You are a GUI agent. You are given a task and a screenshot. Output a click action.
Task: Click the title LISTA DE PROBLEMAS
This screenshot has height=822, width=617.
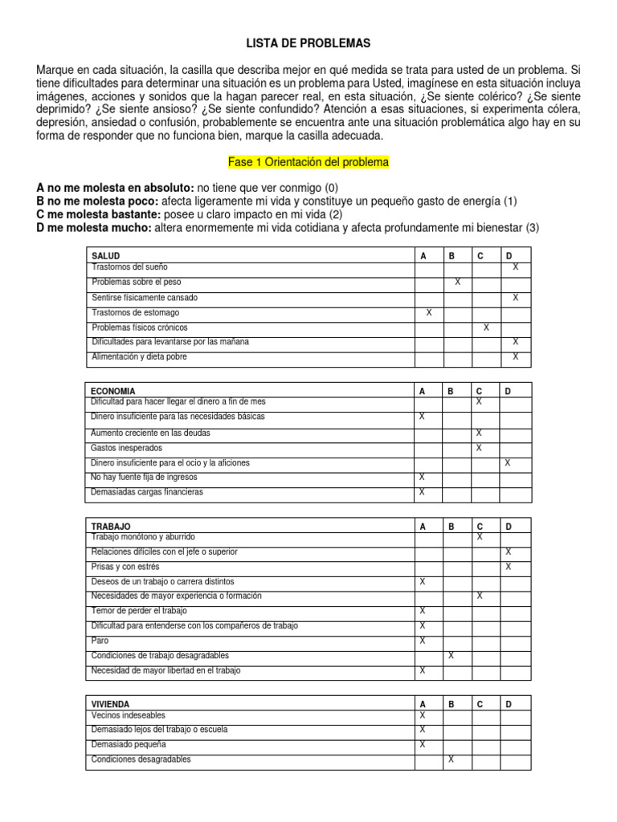coord(308,43)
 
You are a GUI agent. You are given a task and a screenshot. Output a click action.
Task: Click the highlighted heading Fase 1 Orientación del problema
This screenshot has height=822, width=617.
coord(308,162)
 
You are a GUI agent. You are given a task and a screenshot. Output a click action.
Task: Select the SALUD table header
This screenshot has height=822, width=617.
coord(106,256)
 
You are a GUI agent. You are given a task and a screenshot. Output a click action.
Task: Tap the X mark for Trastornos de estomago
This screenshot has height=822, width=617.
coord(428,312)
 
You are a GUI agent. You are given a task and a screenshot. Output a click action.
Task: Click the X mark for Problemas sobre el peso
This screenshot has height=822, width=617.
coord(457,282)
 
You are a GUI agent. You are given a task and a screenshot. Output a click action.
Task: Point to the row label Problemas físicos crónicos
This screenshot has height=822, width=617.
coord(140,328)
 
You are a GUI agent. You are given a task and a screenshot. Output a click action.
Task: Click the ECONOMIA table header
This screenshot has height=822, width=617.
coord(113,391)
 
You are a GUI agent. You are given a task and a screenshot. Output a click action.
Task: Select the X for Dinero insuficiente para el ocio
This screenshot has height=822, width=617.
coord(507,462)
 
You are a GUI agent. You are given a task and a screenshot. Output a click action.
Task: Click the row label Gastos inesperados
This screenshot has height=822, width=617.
coord(127,447)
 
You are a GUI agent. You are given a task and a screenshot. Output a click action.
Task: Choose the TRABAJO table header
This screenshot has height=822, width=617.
coord(112,527)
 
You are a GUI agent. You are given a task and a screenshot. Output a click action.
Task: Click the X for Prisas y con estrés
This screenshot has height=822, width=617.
coord(508,567)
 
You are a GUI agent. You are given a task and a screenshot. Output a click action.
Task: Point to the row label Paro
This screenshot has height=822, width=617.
coord(100,641)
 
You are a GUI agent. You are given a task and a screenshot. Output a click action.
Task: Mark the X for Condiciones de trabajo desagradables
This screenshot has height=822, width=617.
coord(451,655)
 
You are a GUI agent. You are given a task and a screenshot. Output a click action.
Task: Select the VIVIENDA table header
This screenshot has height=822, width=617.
coord(111,704)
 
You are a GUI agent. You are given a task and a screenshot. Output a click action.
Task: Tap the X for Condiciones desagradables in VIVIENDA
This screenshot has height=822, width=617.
coord(451,759)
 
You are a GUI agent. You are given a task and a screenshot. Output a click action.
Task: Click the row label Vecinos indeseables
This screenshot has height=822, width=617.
coord(129,714)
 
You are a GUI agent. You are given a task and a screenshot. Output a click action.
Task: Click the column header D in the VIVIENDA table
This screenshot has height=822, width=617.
coord(508,704)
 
